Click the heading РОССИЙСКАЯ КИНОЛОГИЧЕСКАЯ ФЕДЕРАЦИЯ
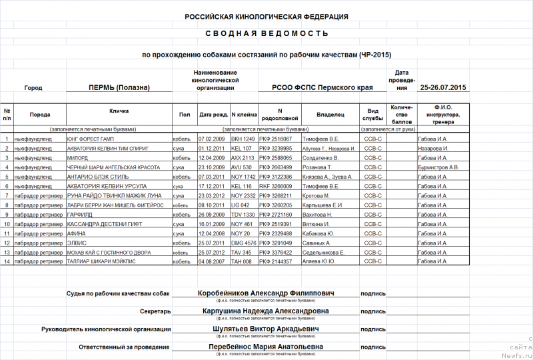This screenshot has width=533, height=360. (266, 17)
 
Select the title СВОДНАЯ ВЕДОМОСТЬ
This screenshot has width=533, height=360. (266, 33)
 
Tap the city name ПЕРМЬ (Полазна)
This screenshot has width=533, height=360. (119, 87)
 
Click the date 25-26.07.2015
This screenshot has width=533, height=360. (443, 87)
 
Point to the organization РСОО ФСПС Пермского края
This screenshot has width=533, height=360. (322, 87)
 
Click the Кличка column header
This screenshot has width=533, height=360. (119, 111)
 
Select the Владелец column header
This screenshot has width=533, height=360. (330, 115)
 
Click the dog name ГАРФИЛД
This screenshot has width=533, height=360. (81, 215)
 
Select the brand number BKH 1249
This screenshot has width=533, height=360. (243, 139)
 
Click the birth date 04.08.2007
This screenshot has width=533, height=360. (213, 262)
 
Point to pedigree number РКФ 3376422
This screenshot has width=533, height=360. (275, 253)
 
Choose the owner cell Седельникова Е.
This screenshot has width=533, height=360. (323, 253)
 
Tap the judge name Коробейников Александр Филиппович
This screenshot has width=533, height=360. (266, 293)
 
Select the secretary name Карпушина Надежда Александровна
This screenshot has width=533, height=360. (266, 311)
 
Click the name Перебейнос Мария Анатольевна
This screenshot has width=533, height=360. (266, 347)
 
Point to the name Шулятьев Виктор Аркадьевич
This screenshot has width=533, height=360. (266, 329)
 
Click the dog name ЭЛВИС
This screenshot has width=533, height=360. (77, 243)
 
